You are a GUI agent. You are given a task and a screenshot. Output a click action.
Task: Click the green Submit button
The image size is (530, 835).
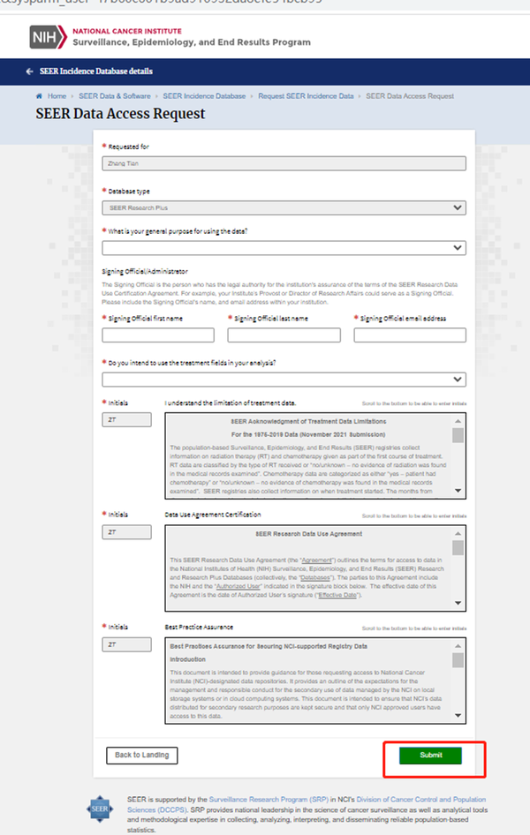[430, 755]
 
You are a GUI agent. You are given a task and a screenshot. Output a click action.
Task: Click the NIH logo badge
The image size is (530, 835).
[43, 37]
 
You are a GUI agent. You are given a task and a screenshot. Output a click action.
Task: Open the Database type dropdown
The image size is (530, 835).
[284, 207]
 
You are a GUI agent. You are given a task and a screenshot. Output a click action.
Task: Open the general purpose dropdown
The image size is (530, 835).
[284, 248]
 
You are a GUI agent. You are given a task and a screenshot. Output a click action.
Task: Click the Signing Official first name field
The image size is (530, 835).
[158, 335]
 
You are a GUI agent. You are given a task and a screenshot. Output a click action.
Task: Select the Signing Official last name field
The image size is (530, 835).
[284, 335]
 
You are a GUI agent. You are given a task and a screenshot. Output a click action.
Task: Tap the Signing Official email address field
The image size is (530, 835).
[410, 335]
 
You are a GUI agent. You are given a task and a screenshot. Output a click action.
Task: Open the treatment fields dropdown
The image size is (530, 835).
[284, 380]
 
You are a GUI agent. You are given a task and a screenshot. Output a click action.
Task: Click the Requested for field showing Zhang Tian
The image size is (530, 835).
[284, 162]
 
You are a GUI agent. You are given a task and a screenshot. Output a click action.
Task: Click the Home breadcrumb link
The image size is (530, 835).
[57, 95]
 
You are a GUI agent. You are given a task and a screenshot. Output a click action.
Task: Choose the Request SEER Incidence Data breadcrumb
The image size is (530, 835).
[306, 95]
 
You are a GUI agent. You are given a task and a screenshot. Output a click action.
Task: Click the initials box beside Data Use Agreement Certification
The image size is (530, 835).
[127, 532]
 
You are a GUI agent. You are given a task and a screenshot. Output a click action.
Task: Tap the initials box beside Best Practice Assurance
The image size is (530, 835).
[127, 644]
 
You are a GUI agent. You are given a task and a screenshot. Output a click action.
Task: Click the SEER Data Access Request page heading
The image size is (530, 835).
[120, 114]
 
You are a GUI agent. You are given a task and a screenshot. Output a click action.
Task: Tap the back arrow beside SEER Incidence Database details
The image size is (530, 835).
[30, 71]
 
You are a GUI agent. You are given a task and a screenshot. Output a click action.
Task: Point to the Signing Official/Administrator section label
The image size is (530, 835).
[145, 271]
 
